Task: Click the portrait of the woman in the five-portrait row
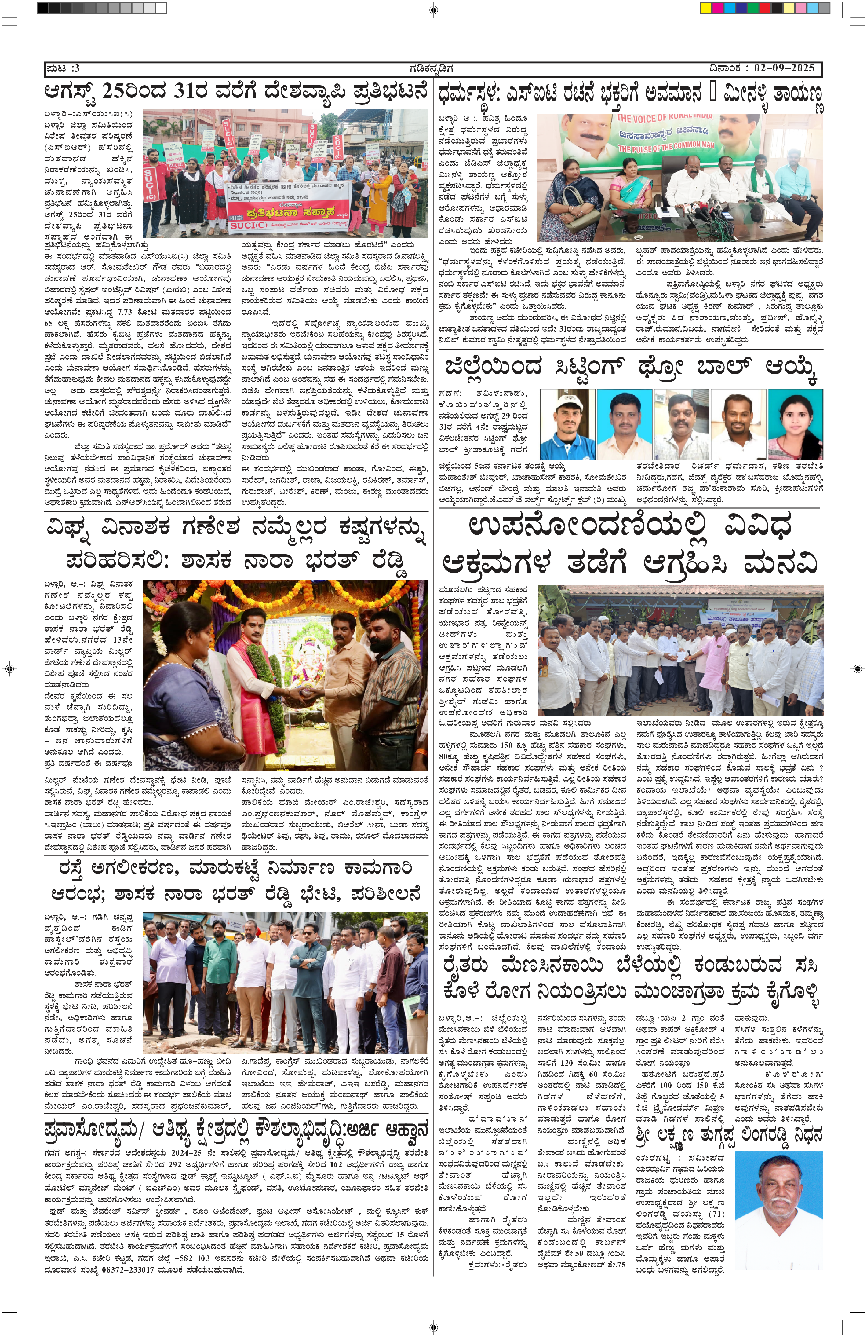pos(795,424)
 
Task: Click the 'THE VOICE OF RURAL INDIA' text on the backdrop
pos(664,118)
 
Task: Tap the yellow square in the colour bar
pos(705,9)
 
